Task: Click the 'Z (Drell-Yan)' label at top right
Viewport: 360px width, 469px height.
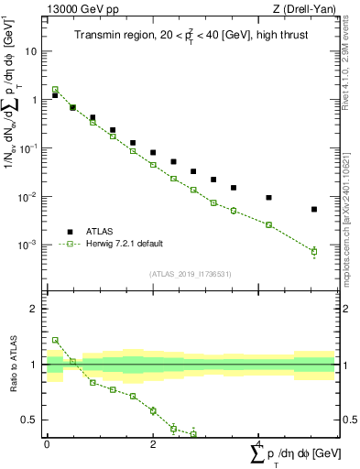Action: pos(302,9)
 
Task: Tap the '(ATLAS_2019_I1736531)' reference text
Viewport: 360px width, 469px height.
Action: pos(191,274)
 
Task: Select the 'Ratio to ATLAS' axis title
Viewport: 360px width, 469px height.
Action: pos(11,365)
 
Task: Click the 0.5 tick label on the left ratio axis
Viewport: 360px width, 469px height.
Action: pos(30,420)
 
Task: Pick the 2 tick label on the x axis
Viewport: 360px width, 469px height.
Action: pos(152,444)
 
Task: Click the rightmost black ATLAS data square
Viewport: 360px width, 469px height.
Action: pos(314,210)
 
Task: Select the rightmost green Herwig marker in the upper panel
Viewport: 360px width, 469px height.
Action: pos(314,251)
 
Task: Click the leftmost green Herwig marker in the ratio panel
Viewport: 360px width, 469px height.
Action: pos(55,340)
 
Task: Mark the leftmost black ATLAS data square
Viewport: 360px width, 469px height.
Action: pos(55,95)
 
